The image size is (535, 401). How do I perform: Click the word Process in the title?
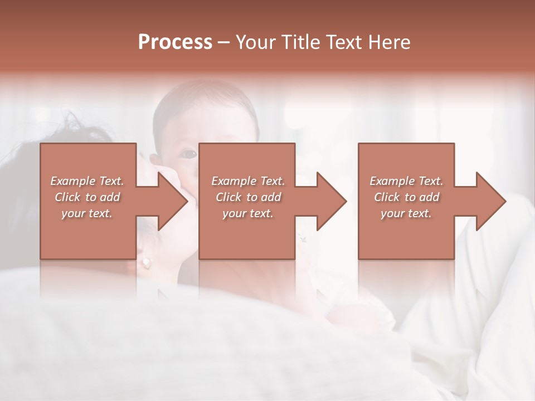tap(175, 42)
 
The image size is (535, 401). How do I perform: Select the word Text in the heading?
tap(344, 42)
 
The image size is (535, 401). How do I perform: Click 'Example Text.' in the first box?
tap(87, 181)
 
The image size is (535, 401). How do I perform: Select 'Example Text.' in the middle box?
tap(247, 181)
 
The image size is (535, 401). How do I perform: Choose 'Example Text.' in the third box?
tap(406, 181)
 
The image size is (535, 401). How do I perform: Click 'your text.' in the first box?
tap(87, 213)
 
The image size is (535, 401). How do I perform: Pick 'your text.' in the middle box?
tap(247, 213)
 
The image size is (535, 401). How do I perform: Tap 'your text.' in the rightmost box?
tap(406, 213)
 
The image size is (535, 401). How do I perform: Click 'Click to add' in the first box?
tap(87, 197)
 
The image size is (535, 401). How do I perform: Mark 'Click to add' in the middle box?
tap(247, 197)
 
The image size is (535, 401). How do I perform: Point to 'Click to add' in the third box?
tap(406, 197)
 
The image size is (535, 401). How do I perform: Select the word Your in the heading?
tap(255, 42)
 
